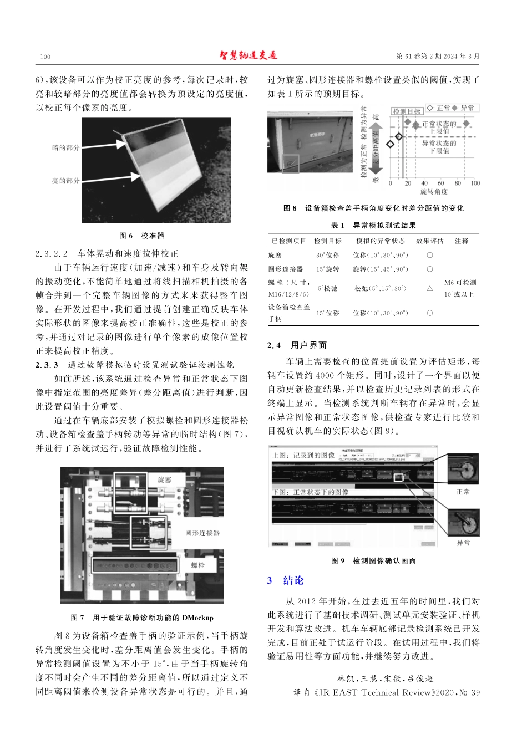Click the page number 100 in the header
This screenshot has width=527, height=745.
point(45,57)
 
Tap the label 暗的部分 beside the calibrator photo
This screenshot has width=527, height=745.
point(66,148)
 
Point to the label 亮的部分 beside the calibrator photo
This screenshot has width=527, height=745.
point(66,181)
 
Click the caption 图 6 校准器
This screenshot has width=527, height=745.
point(142,236)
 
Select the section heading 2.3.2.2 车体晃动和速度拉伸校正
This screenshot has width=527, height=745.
point(107,254)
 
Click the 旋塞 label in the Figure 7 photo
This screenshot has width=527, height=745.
point(164,479)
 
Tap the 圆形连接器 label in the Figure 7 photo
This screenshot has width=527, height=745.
point(202,533)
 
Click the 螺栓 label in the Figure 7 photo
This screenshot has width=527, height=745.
point(198,565)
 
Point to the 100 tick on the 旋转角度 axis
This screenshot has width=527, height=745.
point(475,183)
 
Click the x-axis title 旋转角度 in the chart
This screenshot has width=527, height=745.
point(434,192)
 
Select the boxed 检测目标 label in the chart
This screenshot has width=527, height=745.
point(407,111)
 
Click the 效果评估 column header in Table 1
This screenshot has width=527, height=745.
point(430,241)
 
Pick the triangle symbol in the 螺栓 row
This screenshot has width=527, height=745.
point(429,289)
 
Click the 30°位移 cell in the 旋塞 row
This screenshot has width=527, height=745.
point(328,256)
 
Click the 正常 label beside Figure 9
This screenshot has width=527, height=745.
point(463,492)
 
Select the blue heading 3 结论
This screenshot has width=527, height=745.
point(286,580)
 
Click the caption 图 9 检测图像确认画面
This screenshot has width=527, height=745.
point(373,561)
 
